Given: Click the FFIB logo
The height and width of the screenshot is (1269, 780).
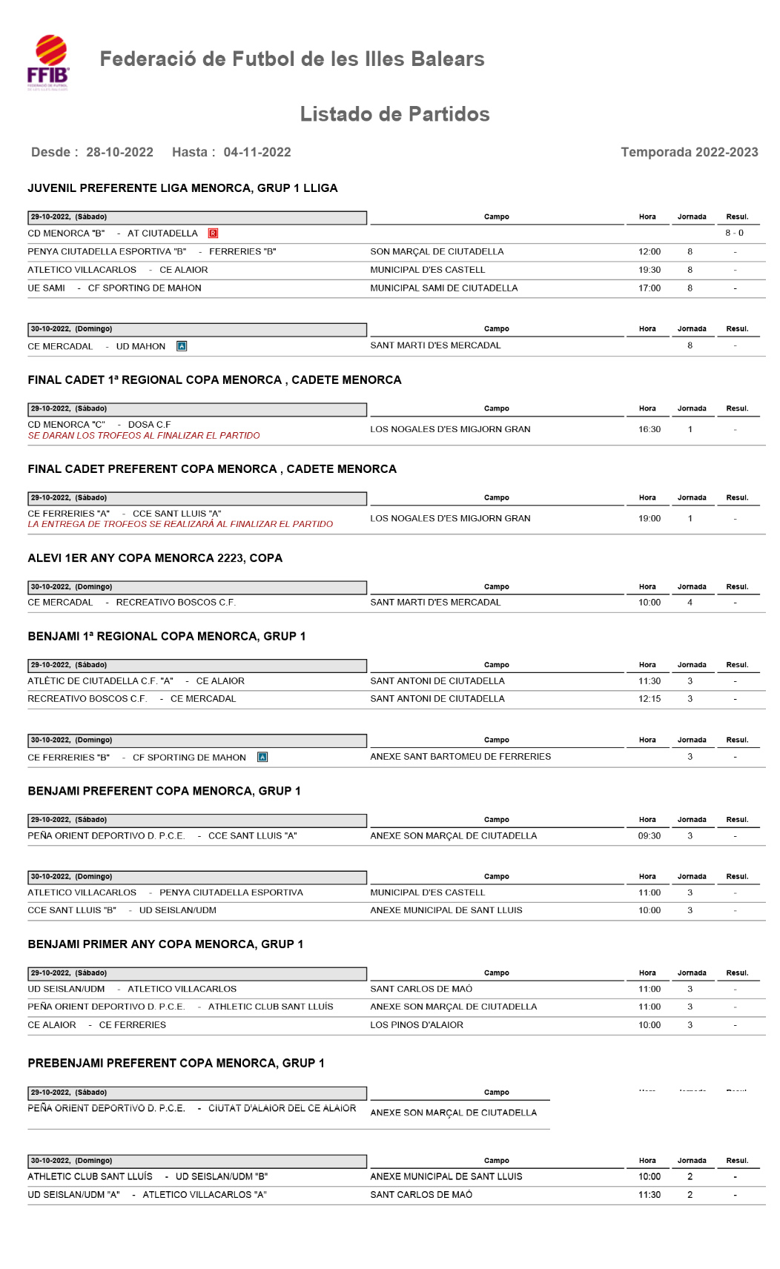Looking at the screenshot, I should pos(49,62).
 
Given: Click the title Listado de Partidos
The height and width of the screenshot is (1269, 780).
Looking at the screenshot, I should pos(394,114).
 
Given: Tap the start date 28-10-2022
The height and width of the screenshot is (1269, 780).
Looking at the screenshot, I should pos(119,153).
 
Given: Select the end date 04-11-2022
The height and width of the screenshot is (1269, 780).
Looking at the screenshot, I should pos(257,153).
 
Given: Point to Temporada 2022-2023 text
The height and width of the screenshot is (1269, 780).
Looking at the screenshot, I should pos(689,153).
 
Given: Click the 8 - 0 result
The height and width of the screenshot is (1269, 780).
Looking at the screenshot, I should pos(734,233).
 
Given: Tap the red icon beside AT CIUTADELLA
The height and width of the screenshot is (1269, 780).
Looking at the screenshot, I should pos(213,233).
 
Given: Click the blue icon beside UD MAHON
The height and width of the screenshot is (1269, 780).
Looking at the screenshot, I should pos(182,346).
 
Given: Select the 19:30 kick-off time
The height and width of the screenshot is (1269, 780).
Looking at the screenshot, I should pos(650,270).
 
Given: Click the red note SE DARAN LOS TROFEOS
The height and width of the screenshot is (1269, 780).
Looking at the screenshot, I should pos(144,436).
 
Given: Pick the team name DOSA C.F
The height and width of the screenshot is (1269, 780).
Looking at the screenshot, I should pos(150,425).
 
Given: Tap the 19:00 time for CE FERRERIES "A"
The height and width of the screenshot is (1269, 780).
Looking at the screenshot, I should pos(650,519).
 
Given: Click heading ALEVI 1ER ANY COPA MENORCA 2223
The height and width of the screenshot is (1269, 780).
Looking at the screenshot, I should pos(155,558).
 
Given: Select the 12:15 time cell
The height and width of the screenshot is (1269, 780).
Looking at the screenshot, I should pos(650,699).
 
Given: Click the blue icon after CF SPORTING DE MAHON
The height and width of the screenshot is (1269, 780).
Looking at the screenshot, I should pos(262,758).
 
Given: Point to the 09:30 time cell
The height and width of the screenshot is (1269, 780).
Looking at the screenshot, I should pos(650,836).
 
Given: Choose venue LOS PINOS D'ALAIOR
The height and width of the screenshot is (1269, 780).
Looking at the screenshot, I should pos(417,1025).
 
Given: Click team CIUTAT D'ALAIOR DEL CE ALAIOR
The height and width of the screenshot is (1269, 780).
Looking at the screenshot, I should pos(282,1109).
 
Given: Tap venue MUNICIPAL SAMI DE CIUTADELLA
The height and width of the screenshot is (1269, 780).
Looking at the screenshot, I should pos(444,288).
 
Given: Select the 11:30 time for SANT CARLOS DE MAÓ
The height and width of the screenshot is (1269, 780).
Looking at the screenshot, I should pos(650,1195).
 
